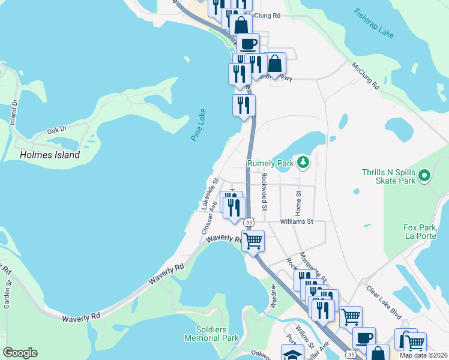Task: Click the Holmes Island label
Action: tap(50, 155)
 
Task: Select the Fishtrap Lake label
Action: tap(373, 23)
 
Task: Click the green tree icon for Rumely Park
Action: tap(304, 163)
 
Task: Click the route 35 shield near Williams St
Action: tap(249, 223)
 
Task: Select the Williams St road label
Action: tap(297, 221)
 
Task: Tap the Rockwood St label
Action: tap(264, 192)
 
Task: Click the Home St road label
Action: tap(298, 201)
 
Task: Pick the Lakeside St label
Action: tap(209, 193)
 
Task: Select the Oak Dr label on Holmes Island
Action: tap(56, 130)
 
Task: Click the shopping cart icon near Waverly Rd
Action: tap(254, 241)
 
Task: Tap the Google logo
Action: tap(20, 353)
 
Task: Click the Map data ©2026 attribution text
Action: tap(423, 355)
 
